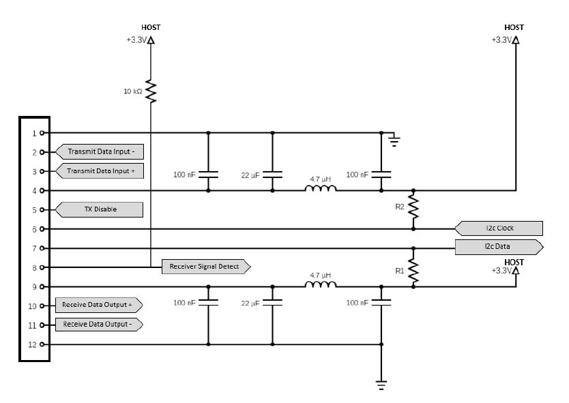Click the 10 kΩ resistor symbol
click(x=151, y=91)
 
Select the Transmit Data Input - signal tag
click(x=100, y=151)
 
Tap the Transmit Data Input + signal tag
click(x=100, y=171)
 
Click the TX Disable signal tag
click(x=99, y=209)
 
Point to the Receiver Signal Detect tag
click(x=206, y=267)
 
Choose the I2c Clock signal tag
click(x=499, y=228)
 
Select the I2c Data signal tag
click(x=499, y=247)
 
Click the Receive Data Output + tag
click(x=99, y=305)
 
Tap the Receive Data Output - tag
click(x=99, y=325)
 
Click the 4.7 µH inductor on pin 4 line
click(x=321, y=188)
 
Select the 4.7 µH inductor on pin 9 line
click(x=321, y=284)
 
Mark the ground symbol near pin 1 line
click(x=394, y=140)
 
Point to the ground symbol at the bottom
click(x=381, y=385)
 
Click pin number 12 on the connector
click(x=33, y=344)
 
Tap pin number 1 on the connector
click(x=35, y=134)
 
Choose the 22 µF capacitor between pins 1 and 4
click(x=272, y=175)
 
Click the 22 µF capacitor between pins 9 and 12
click(x=272, y=303)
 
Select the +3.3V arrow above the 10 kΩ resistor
click(x=151, y=40)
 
